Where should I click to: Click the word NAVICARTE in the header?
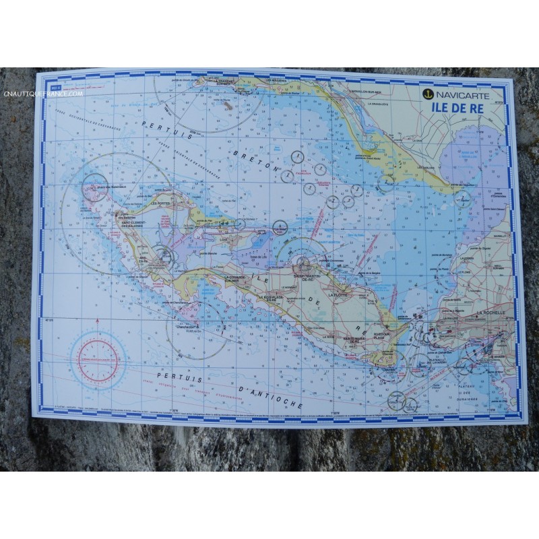point(462,94)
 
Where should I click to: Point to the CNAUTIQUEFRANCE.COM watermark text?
point(42,94)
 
